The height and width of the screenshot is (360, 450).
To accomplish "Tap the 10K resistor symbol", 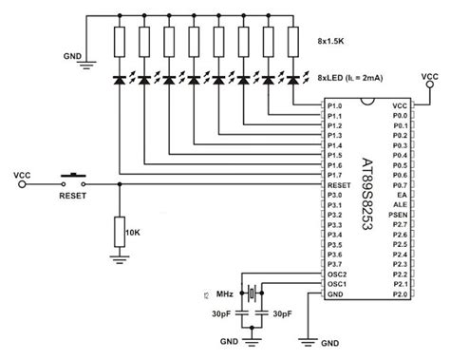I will [x=121, y=230].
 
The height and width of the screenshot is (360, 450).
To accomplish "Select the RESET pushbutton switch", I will [x=72, y=176].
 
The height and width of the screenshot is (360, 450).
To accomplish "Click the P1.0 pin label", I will [x=333, y=104].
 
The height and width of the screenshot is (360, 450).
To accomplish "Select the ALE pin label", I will [x=402, y=204].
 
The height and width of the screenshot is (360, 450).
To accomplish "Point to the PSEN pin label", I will [x=400, y=216].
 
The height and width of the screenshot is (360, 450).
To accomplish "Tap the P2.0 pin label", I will [x=400, y=295].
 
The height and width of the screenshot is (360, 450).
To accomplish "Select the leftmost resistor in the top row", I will [x=121, y=43].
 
